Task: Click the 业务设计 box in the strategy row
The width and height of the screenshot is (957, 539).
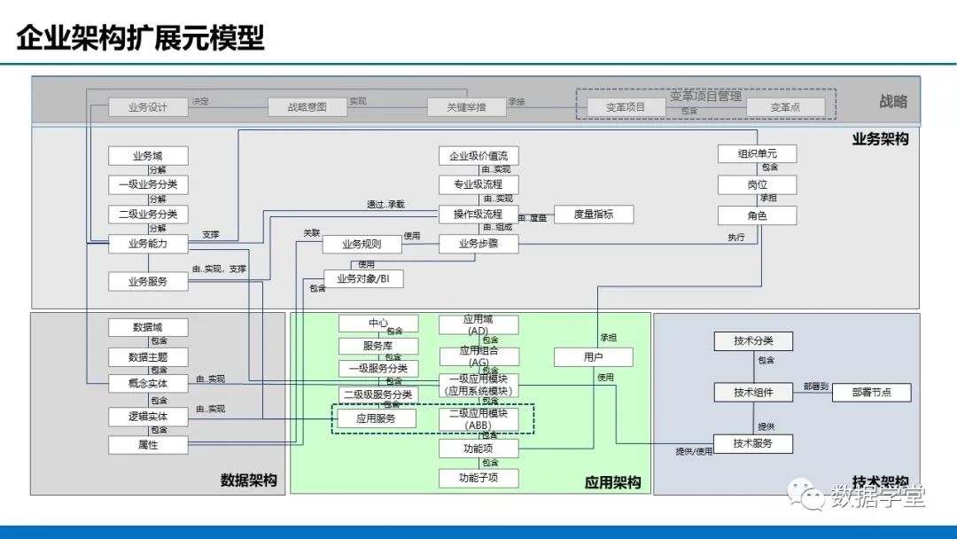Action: point(149,106)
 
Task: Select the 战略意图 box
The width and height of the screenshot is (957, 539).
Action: point(307,106)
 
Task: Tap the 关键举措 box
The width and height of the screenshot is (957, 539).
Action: point(466,106)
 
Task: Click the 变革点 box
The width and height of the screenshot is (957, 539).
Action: point(785,107)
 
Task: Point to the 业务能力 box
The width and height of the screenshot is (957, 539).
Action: point(149,244)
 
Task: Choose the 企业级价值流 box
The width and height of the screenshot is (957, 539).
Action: point(478,156)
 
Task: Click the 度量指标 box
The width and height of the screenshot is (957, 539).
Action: point(594,214)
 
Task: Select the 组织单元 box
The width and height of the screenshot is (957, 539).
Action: point(756,153)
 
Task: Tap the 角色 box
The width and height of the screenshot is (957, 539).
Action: point(756,215)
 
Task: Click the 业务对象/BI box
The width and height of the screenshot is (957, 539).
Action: point(363,278)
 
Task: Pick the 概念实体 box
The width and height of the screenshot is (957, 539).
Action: point(149,384)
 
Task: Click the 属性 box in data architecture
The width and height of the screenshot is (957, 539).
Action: point(149,445)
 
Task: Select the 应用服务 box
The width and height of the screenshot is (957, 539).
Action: point(377,418)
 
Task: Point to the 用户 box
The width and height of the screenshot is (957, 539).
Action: point(594,357)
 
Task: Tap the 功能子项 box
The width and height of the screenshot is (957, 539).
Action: point(478,478)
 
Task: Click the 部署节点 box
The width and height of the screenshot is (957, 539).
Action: point(871,392)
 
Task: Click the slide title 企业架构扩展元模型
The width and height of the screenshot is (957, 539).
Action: point(141,39)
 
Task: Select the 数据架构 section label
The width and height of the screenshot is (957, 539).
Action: point(249,480)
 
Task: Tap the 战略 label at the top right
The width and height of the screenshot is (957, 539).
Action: point(892,102)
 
